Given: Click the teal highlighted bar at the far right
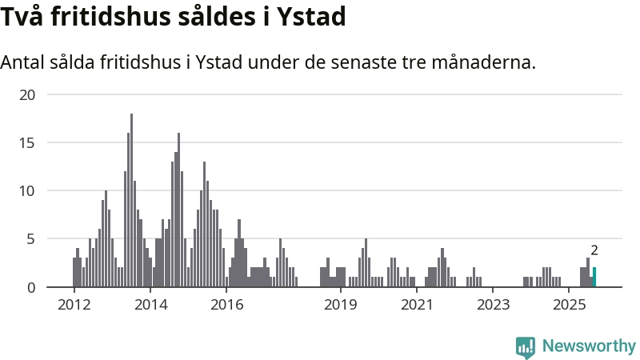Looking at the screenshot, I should (594, 278).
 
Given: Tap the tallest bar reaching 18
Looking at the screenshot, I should (131, 200).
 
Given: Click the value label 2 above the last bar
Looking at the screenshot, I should (594, 250).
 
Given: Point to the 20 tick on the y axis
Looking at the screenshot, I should (28, 94).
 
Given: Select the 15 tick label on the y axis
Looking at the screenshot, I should (28, 142).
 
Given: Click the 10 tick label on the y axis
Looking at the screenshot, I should (28, 190).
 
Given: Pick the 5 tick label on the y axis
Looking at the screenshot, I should (32, 238).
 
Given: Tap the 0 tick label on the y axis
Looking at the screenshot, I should (32, 287).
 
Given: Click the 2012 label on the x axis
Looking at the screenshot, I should (74, 305).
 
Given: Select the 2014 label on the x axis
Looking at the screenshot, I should (150, 305).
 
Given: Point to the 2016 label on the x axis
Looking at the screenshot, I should (226, 305).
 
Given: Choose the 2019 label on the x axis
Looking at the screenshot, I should (341, 305).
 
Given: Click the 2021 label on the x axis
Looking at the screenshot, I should (417, 305).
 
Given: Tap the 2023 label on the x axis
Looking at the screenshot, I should (494, 305).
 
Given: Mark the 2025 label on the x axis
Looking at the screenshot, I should (570, 305).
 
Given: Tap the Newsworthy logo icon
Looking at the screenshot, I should (526, 346).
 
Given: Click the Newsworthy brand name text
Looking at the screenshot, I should (589, 346).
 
